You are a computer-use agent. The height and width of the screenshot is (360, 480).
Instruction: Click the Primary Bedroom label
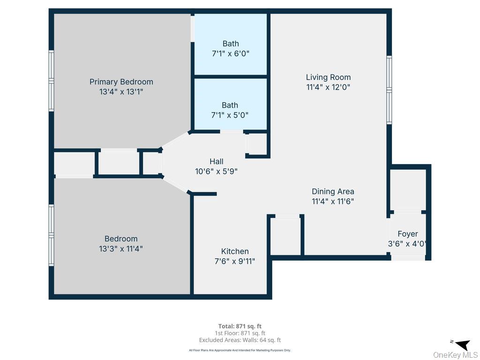pos(121,82)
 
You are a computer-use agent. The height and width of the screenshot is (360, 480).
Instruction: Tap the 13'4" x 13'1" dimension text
pos(121,91)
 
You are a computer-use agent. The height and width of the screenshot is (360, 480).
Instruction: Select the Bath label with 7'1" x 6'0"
pos(231,44)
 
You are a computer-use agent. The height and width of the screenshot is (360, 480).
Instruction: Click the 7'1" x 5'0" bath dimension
pos(230,115)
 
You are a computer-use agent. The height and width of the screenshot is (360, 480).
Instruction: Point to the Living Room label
pos(328,77)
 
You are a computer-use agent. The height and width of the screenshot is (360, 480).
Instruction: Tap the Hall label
pos(217,161)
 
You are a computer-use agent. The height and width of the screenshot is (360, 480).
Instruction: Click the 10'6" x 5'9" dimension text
pos(217,171)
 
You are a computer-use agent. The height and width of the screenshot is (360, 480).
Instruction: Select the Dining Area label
pos(333,192)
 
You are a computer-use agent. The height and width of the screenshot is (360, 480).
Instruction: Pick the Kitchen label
pos(235,251)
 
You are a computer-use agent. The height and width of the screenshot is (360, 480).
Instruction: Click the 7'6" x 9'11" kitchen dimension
pos(235,261)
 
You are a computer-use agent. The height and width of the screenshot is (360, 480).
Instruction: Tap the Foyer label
pos(408,234)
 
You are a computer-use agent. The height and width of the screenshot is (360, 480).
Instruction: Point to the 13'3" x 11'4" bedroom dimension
pos(121,248)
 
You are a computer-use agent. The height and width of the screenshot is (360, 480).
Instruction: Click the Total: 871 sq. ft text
pos(240,326)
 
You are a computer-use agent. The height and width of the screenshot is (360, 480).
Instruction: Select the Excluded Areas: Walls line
pos(240,340)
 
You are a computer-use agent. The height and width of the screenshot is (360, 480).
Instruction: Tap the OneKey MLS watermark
pos(455,355)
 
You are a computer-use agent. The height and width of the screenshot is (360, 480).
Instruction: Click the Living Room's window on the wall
pos(389,90)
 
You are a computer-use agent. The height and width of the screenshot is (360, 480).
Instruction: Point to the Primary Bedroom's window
pos(52,81)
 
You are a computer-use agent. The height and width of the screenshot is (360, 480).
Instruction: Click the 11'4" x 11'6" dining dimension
pos(333,202)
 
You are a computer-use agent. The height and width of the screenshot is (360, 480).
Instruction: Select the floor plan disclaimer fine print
pos(240,350)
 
